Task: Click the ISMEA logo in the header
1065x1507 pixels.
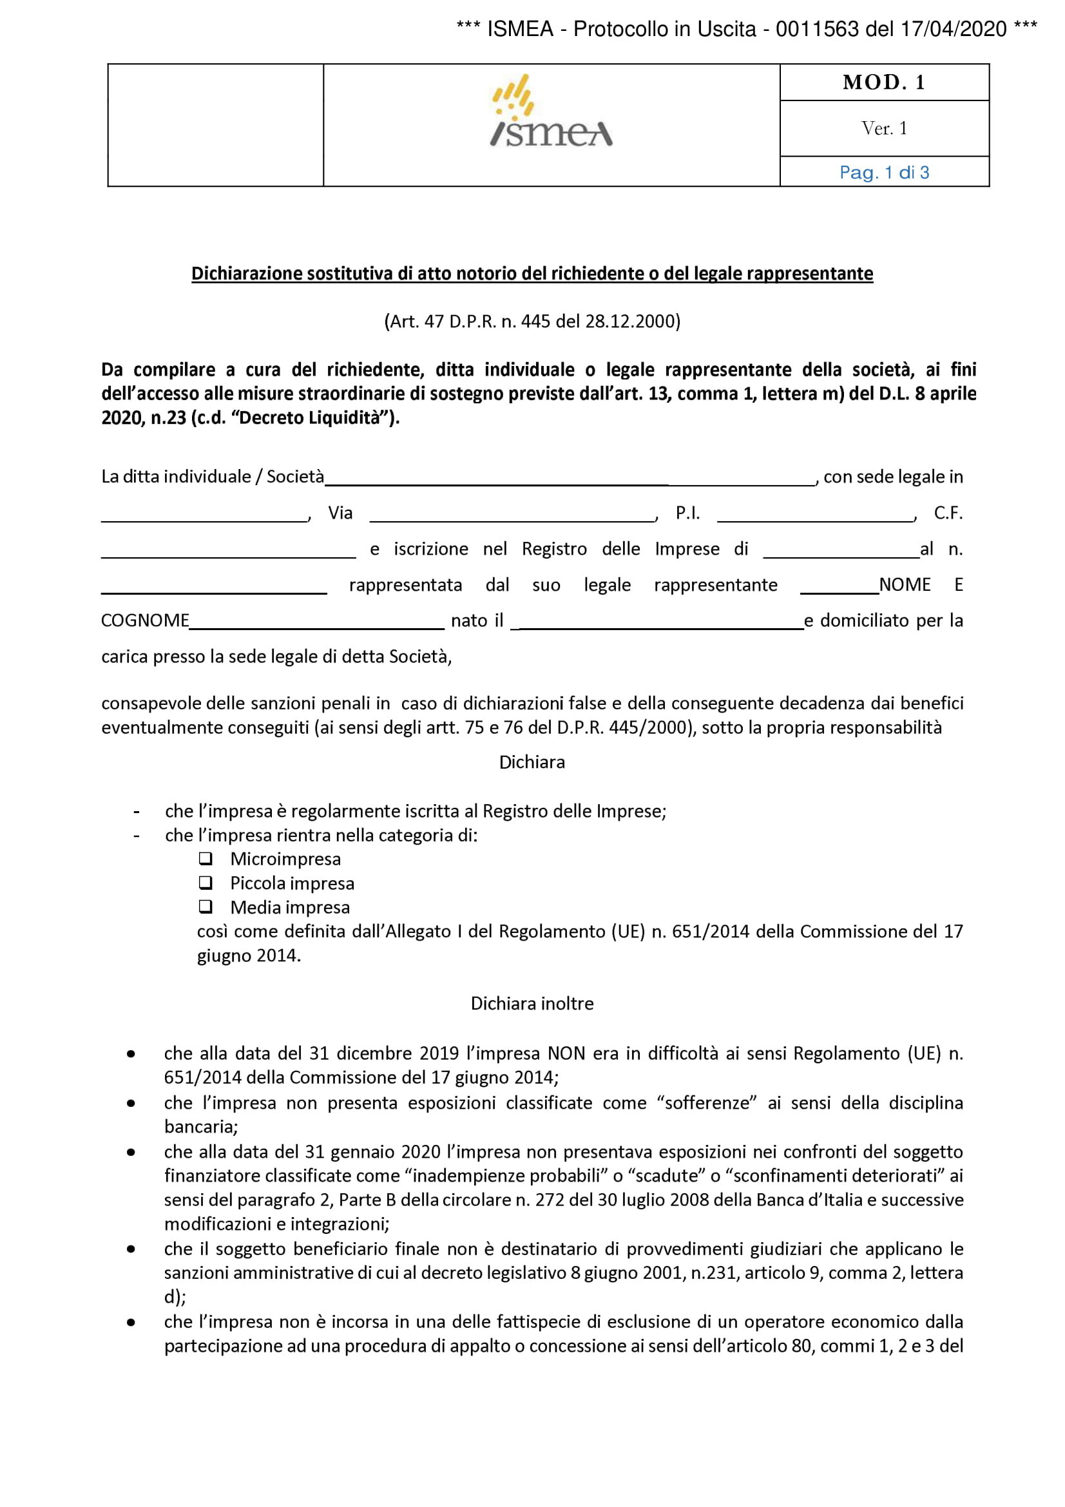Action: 552,111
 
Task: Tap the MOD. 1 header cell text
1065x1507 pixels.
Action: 884,82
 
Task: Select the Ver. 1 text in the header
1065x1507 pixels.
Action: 884,129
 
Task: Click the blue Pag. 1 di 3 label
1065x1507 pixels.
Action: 884,173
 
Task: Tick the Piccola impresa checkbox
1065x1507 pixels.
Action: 206,883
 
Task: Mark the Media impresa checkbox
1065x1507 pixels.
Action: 206,907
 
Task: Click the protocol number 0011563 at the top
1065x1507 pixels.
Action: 817,30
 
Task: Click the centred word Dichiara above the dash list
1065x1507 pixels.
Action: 532,762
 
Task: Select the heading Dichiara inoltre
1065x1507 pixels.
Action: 532,1004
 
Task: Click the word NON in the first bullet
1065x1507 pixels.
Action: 566,1053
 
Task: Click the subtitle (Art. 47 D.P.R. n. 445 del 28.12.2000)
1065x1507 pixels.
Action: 532,322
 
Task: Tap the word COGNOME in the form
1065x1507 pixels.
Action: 145,621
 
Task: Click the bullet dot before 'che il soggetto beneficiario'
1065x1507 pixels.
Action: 131,1249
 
